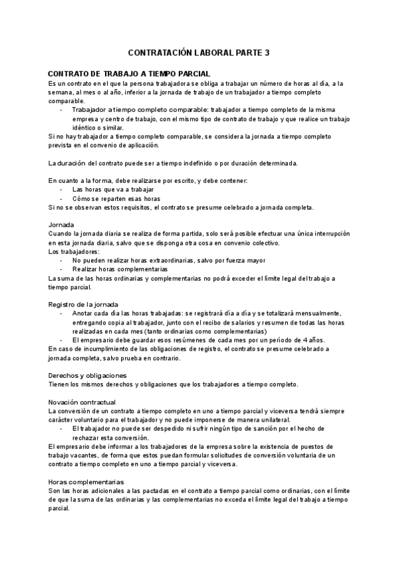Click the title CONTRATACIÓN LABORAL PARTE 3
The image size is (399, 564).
tap(199, 53)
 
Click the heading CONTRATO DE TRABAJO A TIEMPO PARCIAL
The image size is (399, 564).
tap(130, 73)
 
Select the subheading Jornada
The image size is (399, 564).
tap(61, 225)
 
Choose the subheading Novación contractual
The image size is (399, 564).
tap(82, 402)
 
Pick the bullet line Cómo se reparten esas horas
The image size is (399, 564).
tap(116, 198)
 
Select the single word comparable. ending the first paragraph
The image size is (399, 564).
tap(66, 100)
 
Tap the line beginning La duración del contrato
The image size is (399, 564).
tap(173, 163)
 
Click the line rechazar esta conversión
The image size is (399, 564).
tap(110, 438)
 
